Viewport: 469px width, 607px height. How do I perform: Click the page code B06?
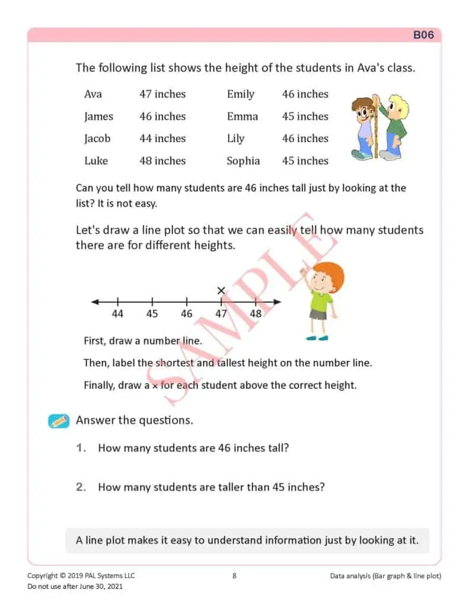(423, 35)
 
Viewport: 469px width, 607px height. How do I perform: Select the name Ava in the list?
(93, 94)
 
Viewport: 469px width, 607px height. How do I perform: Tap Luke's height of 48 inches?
(162, 161)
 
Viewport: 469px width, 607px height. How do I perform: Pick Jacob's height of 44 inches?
(162, 139)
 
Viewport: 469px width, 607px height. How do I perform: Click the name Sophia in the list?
(243, 161)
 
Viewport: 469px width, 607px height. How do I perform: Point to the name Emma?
(243, 117)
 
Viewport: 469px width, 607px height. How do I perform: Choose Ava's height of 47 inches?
(162, 94)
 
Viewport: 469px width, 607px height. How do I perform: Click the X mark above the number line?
(221, 290)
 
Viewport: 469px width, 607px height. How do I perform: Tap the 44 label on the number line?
(117, 314)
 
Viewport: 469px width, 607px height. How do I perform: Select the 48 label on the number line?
(256, 314)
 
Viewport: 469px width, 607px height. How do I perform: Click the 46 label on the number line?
(187, 314)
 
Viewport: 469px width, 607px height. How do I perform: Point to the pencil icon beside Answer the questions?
(59, 421)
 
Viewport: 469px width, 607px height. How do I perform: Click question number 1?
(81, 448)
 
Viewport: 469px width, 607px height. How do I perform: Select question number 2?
(81, 487)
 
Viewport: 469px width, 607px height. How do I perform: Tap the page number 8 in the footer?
(234, 576)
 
